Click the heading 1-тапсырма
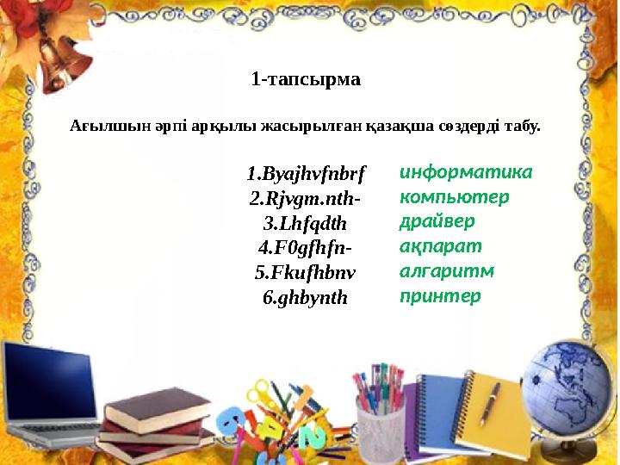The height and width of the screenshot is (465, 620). point(306,80)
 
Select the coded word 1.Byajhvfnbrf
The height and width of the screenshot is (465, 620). point(306,174)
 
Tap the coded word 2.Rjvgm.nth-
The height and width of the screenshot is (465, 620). point(306,199)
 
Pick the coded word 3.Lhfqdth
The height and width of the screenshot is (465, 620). point(306,224)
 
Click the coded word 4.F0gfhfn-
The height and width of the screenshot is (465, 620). point(306,249)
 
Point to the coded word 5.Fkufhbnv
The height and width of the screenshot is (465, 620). point(306,274)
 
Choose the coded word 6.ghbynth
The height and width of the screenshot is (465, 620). point(306,299)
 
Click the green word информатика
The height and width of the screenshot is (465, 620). point(466,171)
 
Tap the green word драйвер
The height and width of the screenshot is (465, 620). point(437,221)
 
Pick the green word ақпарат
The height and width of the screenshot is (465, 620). point(435,246)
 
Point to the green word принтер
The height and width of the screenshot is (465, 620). point(440,296)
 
